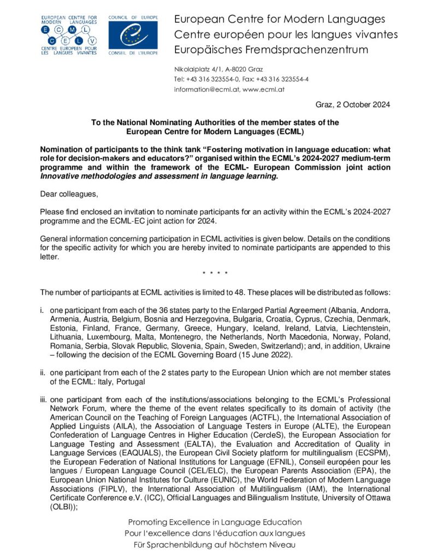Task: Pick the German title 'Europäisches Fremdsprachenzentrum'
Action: [x=271, y=50]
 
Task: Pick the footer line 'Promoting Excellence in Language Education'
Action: [x=215, y=522]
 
